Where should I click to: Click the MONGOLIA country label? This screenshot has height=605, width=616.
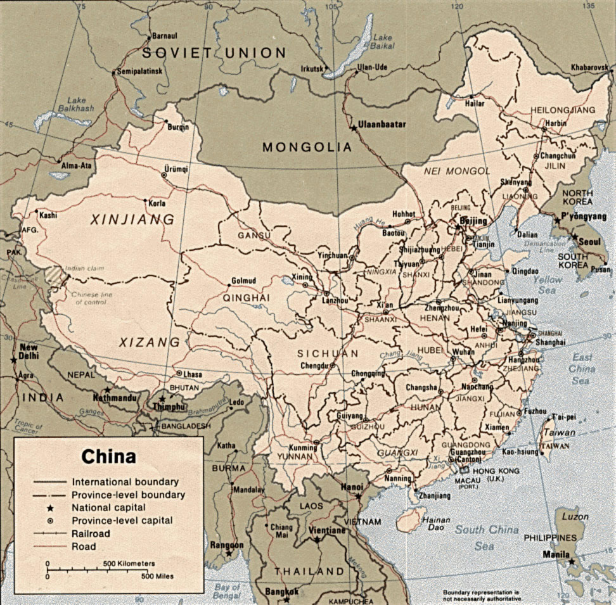click(307, 148)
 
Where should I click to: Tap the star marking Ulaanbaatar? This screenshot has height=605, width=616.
click(354, 128)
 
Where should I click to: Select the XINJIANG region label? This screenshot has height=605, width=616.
click(132, 220)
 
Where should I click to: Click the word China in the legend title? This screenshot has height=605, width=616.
click(108, 457)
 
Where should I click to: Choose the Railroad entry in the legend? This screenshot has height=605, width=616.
click(91, 533)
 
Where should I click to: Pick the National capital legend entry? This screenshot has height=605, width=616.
click(108, 507)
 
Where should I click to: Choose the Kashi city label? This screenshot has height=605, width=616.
click(48, 215)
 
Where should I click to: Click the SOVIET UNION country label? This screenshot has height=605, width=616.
click(214, 53)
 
